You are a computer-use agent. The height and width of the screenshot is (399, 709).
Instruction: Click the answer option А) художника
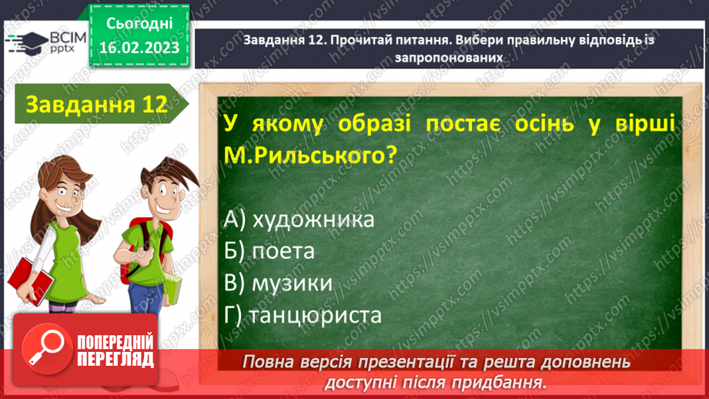299,220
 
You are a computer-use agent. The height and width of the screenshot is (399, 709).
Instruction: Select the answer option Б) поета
271,251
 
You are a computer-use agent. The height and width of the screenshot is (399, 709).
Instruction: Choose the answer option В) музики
279,283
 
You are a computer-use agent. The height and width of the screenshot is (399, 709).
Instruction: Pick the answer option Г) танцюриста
304,315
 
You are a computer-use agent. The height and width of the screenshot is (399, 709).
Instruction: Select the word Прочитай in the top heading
365,41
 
